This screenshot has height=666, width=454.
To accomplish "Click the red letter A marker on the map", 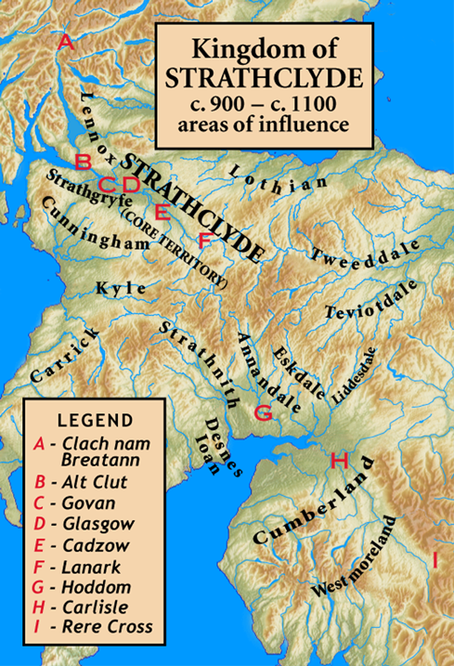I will (x=65, y=42).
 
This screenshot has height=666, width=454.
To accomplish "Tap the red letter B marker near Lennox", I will (x=83, y=162).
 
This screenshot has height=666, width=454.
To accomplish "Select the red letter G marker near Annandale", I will (x=263, y=412).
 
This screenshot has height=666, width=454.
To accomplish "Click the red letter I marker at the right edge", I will (x=435, y=559).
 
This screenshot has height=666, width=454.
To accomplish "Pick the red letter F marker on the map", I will (x=206, y=241).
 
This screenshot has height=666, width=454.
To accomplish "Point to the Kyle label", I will (x=121, y=289).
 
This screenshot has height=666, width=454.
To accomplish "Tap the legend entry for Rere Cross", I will (x=103, y=628).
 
